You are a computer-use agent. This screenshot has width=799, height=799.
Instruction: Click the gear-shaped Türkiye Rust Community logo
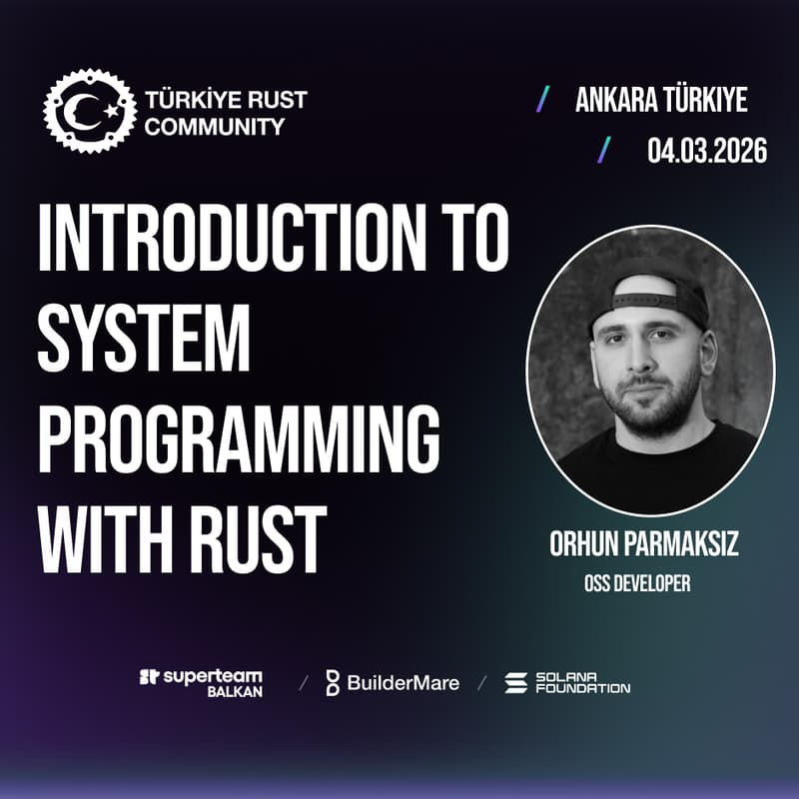(x=88, y=111)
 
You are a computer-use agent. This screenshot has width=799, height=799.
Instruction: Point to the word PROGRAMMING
(x=240, y=438)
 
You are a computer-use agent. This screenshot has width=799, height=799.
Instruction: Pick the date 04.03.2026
(x=707, y=151)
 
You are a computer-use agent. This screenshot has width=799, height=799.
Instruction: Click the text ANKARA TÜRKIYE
(x=661, y=100)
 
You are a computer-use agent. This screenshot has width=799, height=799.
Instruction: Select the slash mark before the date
(x=604, y=150)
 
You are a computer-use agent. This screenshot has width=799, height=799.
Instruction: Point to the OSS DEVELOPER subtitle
(x=637, y=583)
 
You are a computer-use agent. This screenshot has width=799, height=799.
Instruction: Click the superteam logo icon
(x=149, y=677)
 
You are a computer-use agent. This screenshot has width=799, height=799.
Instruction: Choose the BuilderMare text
(x=403, y=683)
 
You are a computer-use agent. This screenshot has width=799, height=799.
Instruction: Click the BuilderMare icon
(x=333, y=683)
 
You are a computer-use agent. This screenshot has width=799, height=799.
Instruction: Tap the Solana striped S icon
(x=515, y=683)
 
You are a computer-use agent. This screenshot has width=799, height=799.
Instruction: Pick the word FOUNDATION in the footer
(x=583, y=689)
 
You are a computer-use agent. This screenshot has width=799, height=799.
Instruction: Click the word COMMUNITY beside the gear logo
(x=215, y=126)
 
